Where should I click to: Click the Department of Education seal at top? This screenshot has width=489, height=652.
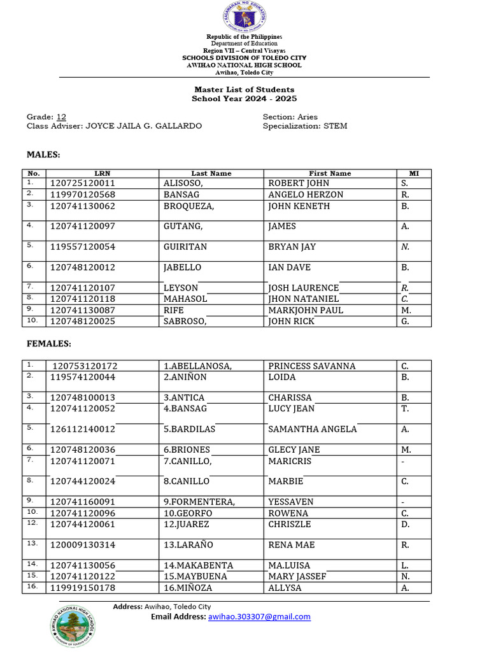[244, 17]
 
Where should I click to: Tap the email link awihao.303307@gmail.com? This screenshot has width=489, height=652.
[259, 616]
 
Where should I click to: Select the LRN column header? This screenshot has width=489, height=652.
[102, 173]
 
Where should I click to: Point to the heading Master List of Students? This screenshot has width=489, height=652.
[244, 90]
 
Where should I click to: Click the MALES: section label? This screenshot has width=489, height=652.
[43, 155]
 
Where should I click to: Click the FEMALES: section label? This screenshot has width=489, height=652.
[48, 344]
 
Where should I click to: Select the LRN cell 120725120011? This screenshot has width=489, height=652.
[83, 183]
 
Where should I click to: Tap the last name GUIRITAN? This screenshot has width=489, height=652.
[185, 247]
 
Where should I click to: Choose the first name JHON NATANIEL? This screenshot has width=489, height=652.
[304, 299]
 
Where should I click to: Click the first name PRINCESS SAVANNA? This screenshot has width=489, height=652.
[312, 366]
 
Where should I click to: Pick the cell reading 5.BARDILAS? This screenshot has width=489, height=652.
[189, 429]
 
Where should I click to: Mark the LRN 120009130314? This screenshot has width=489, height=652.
[83, 545]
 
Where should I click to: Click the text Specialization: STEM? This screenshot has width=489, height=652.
[305, 126]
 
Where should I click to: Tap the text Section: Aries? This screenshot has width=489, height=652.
[290, 117]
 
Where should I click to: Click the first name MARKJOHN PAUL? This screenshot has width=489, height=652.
[306, 310]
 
